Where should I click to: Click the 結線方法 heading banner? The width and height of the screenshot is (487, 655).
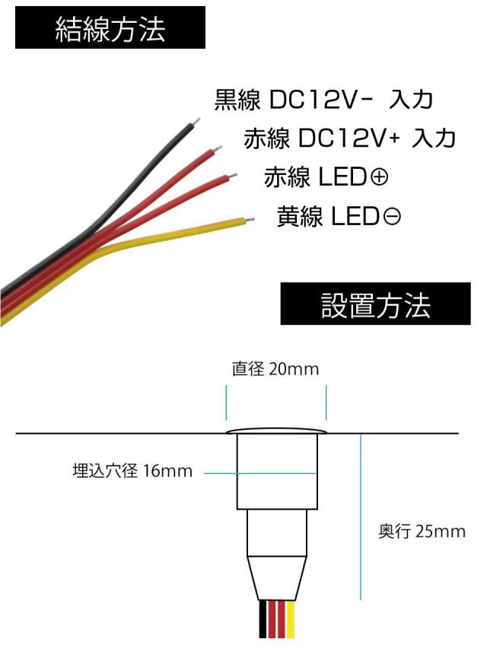pos(110,28)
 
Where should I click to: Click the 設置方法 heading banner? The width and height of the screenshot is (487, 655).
pos(376,304)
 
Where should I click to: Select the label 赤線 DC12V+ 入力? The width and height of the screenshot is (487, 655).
pos(349,138)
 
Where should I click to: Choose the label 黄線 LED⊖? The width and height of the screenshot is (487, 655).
pos(339,217)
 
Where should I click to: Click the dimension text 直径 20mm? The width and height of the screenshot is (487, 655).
pos(275,370)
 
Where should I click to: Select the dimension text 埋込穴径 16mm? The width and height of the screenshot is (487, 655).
pos(132,472)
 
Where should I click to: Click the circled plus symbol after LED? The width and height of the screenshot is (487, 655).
pos(378,178)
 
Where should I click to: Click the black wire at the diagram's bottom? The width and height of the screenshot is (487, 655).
pos(263,620)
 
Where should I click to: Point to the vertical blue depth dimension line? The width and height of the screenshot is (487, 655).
pos(360,517)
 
